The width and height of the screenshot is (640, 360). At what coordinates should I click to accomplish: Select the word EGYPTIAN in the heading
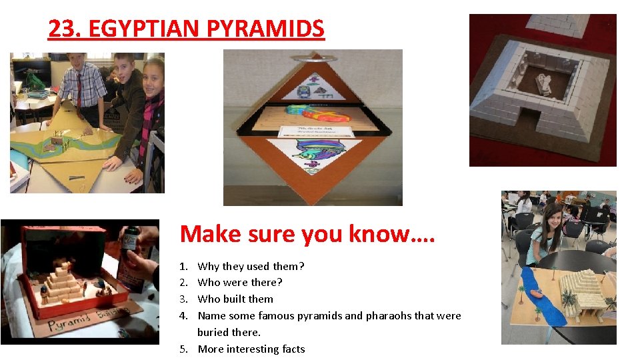pos(143,29)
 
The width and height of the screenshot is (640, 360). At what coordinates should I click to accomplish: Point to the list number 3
pos(184,299)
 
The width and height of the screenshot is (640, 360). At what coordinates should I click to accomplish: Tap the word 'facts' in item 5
pos(292,349)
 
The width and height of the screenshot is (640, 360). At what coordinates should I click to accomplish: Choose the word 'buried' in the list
pos(213,332)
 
